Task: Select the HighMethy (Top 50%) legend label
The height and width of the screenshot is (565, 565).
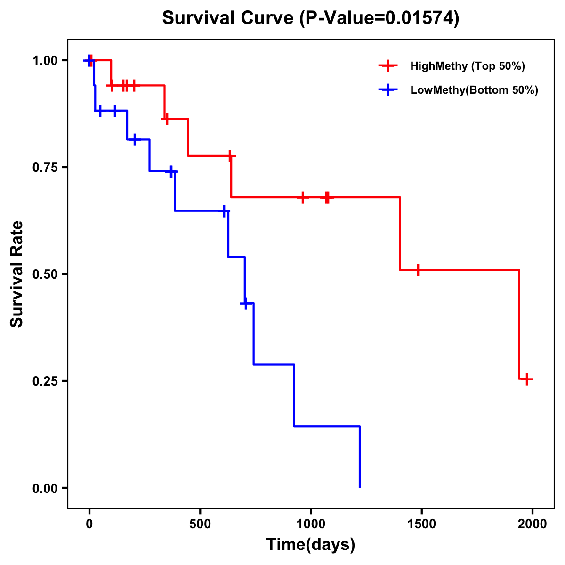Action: pos(468,66)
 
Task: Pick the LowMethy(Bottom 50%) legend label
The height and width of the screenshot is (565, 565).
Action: pos(474,90)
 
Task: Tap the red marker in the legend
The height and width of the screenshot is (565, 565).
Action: pos(388,66)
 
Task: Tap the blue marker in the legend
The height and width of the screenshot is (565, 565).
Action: pos(388,90)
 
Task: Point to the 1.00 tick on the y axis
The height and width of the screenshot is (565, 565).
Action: pos(45,61)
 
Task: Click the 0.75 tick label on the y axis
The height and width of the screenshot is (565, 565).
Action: pos(45,168)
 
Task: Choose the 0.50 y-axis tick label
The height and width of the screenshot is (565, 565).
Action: pos(45,274)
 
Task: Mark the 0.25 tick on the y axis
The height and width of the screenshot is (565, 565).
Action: pos(45,381)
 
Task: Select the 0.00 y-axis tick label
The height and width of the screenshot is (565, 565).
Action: pos(45,488)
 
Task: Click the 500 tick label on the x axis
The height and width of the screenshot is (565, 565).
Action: pos(200,525)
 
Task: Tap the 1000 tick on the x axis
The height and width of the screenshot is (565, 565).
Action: pos(311,525)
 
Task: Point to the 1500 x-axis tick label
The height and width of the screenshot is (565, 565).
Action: pos(421,525)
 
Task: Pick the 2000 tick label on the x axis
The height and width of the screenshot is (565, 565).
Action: pos(532,525)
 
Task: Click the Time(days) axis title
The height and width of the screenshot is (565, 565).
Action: pos(311,545)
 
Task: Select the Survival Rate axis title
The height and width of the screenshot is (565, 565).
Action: pos(17,274)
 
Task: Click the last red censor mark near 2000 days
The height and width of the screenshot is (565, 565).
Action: pos(527,379)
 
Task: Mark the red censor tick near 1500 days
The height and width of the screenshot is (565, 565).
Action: pos(418,270)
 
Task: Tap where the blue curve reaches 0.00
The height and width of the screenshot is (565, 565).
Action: pos(360,487)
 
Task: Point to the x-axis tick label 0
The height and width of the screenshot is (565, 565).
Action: pos(89,525)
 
